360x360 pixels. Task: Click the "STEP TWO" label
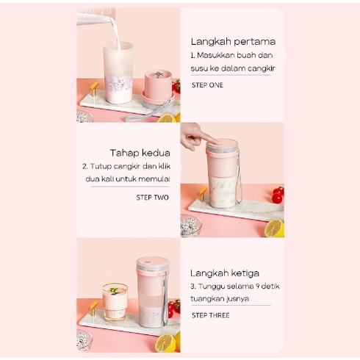coord(153,198)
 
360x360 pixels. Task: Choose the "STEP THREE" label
coord(210,315)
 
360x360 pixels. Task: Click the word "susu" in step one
coord(200,68)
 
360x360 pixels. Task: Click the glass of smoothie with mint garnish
coord(115,301)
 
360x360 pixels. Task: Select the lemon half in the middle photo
coord(273,228)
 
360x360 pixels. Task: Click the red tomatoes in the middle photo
coord(277,194)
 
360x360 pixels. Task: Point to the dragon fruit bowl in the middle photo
coord(190,228)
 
